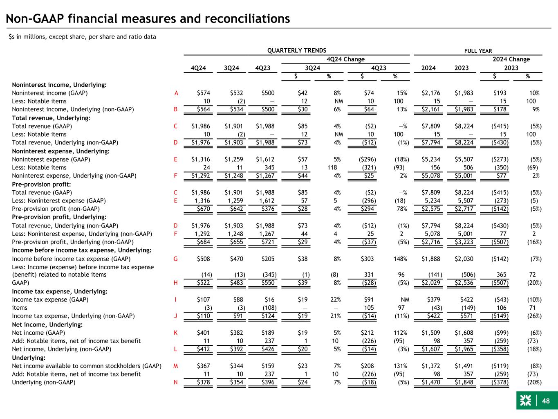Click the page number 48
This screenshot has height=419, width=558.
coord(546,401)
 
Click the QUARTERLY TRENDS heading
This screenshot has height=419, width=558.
coord(297,50)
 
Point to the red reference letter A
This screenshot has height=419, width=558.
coord(176,93)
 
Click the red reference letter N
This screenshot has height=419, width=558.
coord(176,382)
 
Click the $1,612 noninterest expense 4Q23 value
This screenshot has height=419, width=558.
coord(265,159)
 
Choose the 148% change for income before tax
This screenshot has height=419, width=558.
coord(400,259)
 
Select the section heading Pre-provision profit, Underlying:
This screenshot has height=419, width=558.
coord(59,217)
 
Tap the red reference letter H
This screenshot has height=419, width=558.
coord(176,283)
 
